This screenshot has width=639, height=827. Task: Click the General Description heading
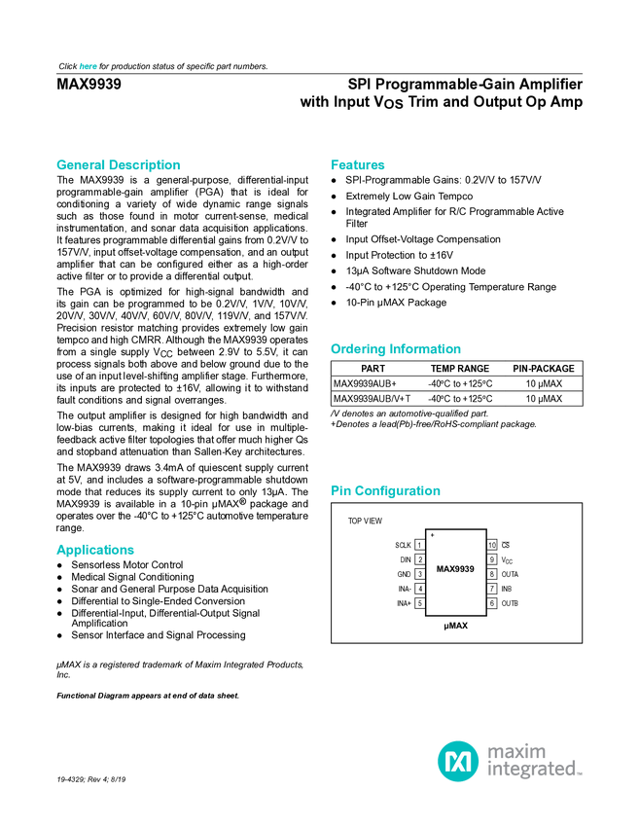[x=118, y=165]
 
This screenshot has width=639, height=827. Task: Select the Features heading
[x=358, y=165]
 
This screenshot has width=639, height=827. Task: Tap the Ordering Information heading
[x=395, y=349]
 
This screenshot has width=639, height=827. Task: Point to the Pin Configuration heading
[x=386, y=491]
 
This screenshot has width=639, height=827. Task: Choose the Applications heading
[x=94, y=550]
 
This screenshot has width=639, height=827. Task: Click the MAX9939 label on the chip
[x=455, y=569]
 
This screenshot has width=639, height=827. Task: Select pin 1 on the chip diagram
[x=420, y=545]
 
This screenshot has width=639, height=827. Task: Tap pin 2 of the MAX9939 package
[x=420, y=559]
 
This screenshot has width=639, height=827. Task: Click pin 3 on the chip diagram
[x=420, y=574]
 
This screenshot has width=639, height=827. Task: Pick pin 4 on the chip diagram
[x=420, y=589]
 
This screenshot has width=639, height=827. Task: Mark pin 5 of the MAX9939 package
[x=420, y=603]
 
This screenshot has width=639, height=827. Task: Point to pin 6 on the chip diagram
[x=492, y=603]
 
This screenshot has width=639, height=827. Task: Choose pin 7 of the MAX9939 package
[x=492, y=589]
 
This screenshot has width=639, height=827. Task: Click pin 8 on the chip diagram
[x=492, y=574]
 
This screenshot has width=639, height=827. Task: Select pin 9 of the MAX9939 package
[x=492, y=559]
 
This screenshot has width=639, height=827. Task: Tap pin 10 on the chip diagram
[x=492, y=545]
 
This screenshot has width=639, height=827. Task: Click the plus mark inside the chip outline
[x=432, y=536]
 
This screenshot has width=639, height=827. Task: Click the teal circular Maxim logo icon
[x=457, y=760]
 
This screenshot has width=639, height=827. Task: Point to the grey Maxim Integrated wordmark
[x=534, y=760]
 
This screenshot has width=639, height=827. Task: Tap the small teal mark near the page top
[x=89, y=66]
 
